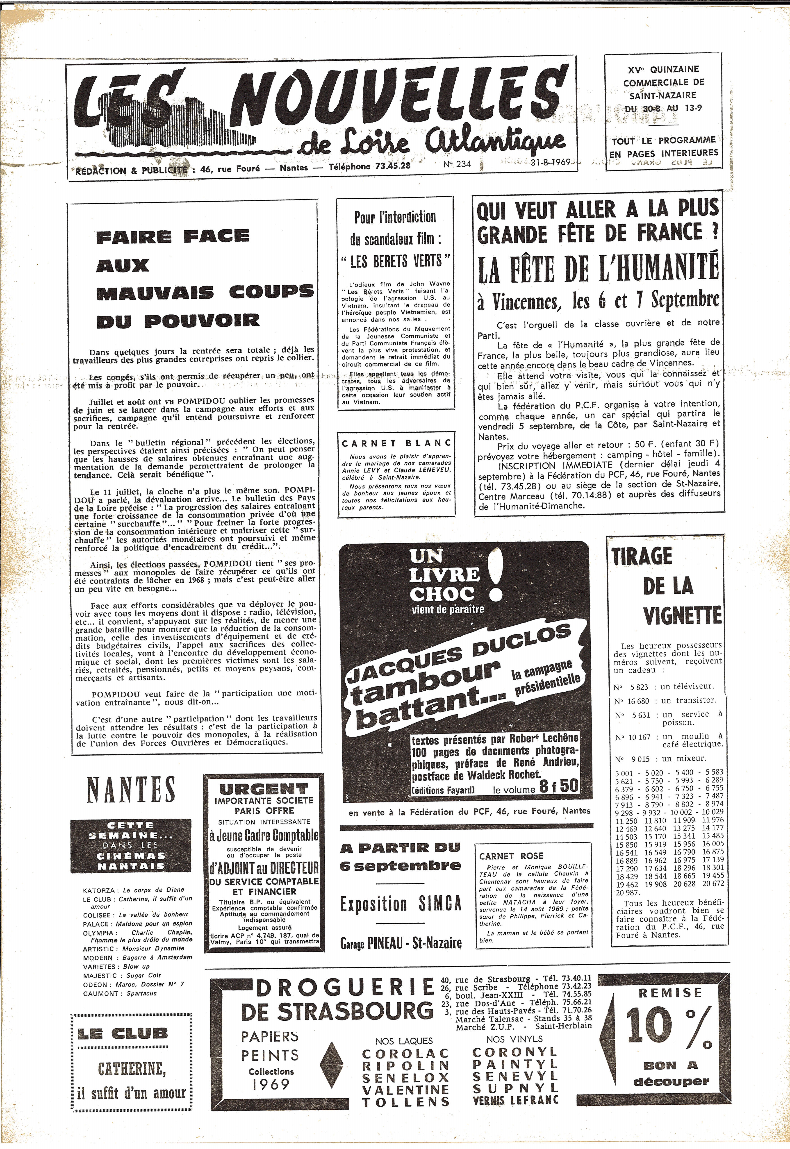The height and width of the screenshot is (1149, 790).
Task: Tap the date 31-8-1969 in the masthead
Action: pos(550,162)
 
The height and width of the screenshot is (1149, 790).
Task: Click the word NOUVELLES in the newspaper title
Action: pos(394,104)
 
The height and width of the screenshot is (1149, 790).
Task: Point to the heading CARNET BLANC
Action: pos(396,443)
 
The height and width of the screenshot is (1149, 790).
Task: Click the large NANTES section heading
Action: pos(131,790)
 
